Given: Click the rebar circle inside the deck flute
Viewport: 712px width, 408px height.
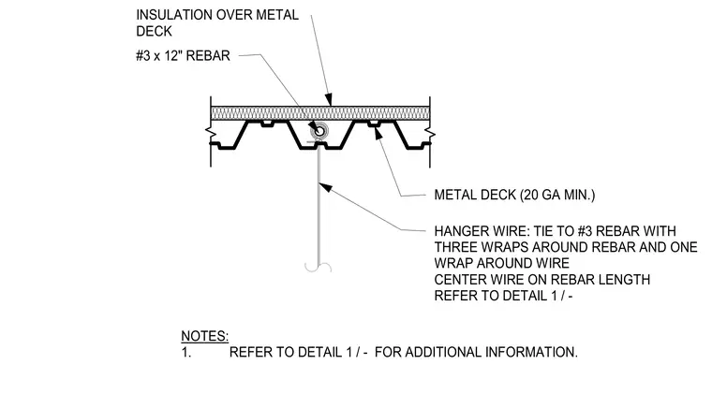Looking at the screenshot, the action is coord(319,131).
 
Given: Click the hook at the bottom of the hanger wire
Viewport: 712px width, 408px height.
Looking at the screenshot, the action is coord(318,268).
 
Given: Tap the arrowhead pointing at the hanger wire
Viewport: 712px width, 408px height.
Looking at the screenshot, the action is coord(325,186).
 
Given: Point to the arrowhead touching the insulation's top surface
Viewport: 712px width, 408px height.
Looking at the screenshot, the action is coord(329,100).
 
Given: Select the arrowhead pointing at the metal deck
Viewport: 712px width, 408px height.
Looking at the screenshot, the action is coord(377,133).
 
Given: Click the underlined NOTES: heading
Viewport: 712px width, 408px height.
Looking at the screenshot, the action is coord(205,336).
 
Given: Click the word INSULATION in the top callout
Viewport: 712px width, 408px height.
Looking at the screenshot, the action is coord(174,15).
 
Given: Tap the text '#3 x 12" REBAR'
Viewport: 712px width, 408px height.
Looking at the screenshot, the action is coord(183,56).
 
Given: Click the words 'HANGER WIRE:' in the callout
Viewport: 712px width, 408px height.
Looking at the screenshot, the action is coord(482,231).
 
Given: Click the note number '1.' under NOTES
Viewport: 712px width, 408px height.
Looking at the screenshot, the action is coord(186,352).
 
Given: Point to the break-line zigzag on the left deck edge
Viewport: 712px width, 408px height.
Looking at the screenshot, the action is coord(210,133).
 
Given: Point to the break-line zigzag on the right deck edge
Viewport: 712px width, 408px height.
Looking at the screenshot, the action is coord(430,134).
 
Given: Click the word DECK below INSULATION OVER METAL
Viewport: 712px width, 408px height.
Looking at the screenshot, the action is coord(154,31).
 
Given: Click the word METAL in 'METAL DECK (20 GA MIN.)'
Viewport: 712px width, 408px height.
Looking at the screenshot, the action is coord(455,195).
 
